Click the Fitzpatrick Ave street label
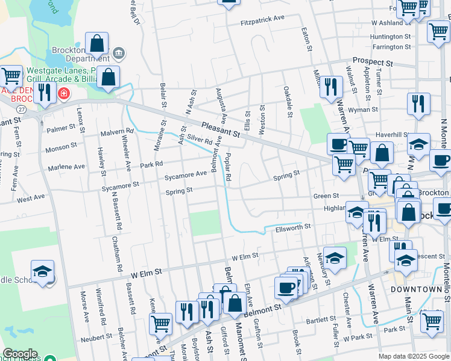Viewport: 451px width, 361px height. (262, 19)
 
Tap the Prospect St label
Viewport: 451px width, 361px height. (372, 62)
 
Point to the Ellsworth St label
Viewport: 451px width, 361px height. (293, 227)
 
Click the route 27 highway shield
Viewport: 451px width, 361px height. (21, 109)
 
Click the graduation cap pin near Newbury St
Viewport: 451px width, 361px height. (335, 258)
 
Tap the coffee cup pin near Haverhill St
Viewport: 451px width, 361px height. (339, 144)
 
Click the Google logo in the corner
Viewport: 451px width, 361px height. (20, 354)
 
